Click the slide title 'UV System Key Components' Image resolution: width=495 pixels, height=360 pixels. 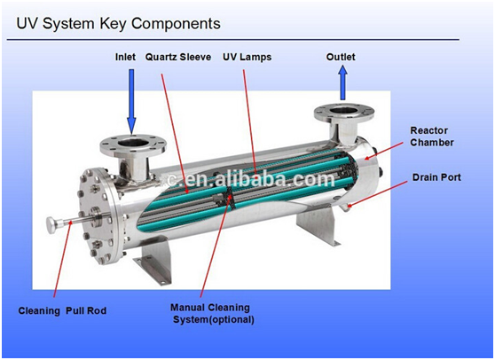tap(118, 24)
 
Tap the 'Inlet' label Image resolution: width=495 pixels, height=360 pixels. tap(125, 57)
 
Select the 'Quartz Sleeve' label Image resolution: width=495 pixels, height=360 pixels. tap(178, 57)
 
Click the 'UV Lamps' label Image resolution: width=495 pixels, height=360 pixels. tap(247, 57)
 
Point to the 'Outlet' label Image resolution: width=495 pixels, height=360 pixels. tap(341, 57)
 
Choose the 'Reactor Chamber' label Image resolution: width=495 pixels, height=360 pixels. tap(432, 137)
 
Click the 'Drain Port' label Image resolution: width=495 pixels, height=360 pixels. tap(436, 177)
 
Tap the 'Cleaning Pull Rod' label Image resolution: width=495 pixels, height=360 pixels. tap(62, 310)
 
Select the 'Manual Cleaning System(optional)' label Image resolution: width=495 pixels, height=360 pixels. tap(212, 314)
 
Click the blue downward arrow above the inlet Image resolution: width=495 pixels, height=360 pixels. tap(131, 101)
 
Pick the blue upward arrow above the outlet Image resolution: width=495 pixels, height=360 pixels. tap(342, 82)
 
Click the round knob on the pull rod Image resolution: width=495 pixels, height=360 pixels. tap(51, 224)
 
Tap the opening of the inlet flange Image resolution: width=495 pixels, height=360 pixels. tap(134, 144)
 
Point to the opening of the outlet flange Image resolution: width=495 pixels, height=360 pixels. tap(344, 112)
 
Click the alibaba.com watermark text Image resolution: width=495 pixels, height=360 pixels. tap(250, 178)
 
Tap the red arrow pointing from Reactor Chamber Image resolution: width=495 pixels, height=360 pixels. tap(383, 150)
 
